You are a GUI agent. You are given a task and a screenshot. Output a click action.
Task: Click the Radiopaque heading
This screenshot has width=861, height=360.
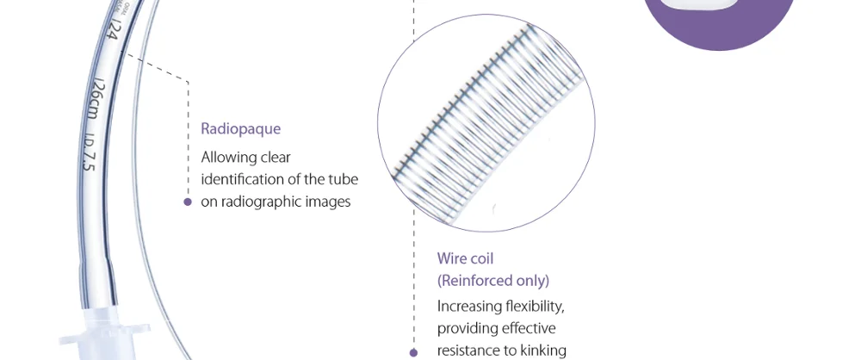point(240,129)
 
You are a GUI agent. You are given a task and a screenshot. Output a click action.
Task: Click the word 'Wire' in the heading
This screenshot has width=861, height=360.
point(452,258)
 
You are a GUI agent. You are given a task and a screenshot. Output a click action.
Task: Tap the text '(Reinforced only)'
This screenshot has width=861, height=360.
point(492,281)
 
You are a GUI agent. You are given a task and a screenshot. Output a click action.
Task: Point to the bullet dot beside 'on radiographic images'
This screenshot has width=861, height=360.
point(188,202)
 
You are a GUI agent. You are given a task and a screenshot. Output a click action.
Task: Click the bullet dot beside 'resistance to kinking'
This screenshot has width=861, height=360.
point(413,352)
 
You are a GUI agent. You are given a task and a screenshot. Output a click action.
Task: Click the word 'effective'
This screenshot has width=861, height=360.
point(528,328)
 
